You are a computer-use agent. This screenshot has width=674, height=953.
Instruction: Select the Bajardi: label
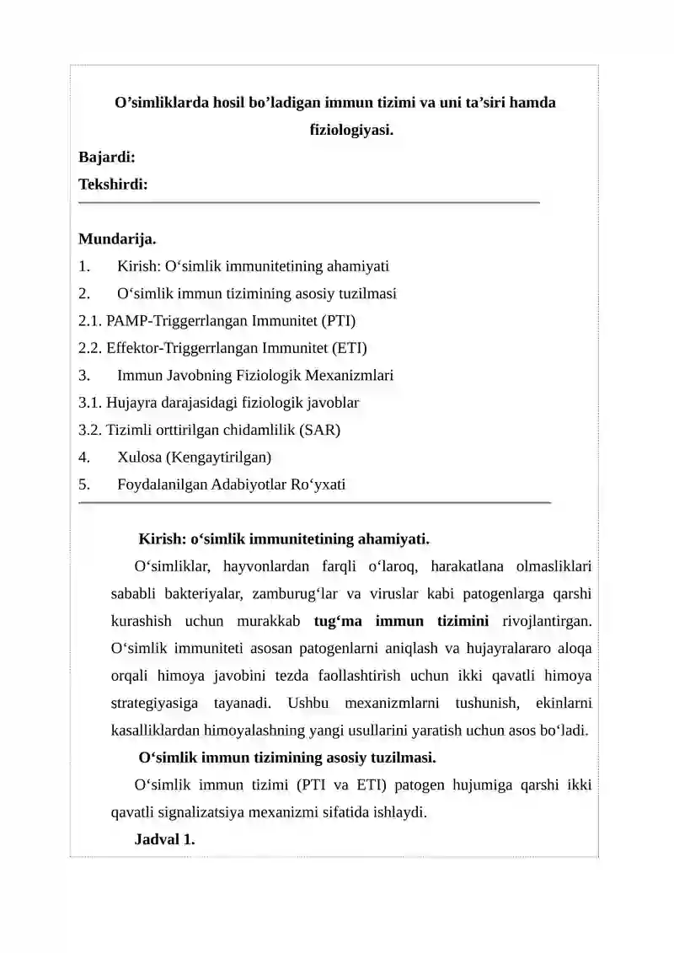108,157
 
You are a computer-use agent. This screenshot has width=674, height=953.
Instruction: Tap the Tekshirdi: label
113,184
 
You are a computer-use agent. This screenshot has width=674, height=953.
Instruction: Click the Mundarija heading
117,239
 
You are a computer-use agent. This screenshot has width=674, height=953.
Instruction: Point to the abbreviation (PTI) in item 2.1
337,320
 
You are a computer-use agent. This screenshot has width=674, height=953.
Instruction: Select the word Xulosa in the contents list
141,457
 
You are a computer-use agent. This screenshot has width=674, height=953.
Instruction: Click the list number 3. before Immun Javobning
84,375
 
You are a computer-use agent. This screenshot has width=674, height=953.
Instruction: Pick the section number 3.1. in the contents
91,403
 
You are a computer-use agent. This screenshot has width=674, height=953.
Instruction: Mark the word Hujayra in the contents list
131,403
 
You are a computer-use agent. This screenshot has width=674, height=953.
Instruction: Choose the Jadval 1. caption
165,839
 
